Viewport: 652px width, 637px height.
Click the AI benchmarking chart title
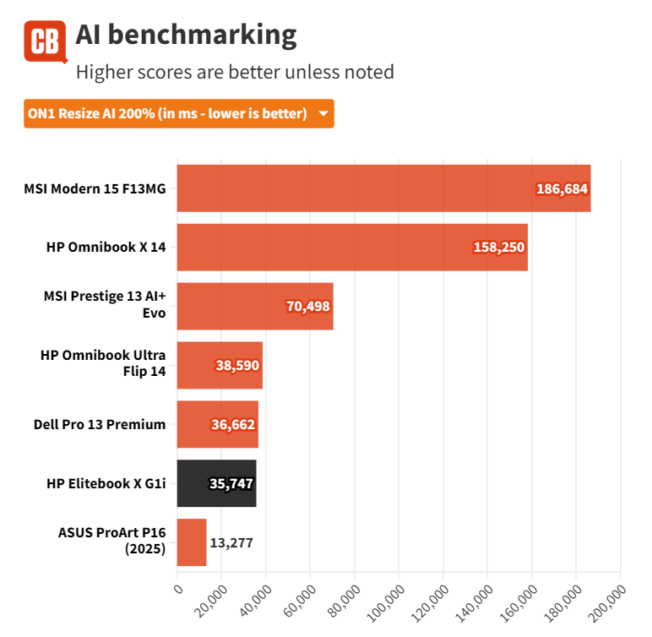point(186,35)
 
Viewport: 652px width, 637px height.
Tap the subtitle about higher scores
point(235,72)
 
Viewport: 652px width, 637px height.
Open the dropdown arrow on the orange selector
point(323,114)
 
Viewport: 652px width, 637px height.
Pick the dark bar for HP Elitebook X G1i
point(216,483)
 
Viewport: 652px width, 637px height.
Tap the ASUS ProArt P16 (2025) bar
point(192,542)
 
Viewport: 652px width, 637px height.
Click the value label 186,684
point(562,188)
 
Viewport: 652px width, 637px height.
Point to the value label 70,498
point(308,307)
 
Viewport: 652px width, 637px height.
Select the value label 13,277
point(232,542)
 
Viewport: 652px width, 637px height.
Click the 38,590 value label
point(236,366)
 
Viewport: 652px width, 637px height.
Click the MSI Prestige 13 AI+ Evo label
point(105,306)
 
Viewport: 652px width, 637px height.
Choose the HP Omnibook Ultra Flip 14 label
point(103,365)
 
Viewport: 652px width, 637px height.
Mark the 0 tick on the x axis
point(177,589)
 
